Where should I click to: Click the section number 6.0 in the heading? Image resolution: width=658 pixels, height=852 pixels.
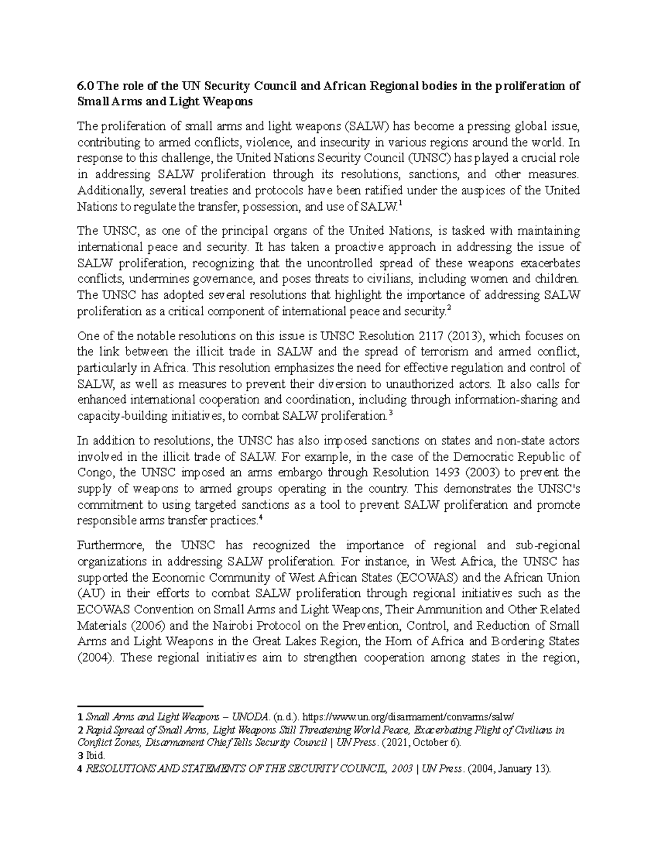(84, 87)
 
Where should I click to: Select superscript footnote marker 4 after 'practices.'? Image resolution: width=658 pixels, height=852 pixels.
(260, 517)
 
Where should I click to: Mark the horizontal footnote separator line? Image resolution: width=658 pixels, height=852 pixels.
(140, 706)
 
